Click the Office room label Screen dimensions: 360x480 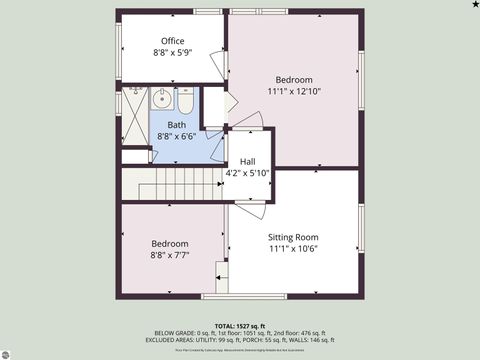point(173,41)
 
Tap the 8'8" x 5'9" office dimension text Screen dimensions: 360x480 point(172,52)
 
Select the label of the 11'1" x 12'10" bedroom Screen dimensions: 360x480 point(294,80)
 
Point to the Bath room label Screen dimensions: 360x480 point(176,125)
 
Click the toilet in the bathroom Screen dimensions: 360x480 point(185,100)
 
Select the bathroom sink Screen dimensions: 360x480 point(163,99)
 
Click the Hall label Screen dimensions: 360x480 point(246,161)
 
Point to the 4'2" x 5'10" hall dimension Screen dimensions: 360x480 point(246,173)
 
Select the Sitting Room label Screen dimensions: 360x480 point(293,237)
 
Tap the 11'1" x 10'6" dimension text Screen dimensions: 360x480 point(293,249)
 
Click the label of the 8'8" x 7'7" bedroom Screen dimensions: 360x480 point(170,244)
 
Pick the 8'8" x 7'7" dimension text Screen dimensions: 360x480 point(170,255)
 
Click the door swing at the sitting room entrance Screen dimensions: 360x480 point(251,205)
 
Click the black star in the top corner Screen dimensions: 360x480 point(474,5)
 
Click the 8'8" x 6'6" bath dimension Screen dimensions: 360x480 point(176,136)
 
